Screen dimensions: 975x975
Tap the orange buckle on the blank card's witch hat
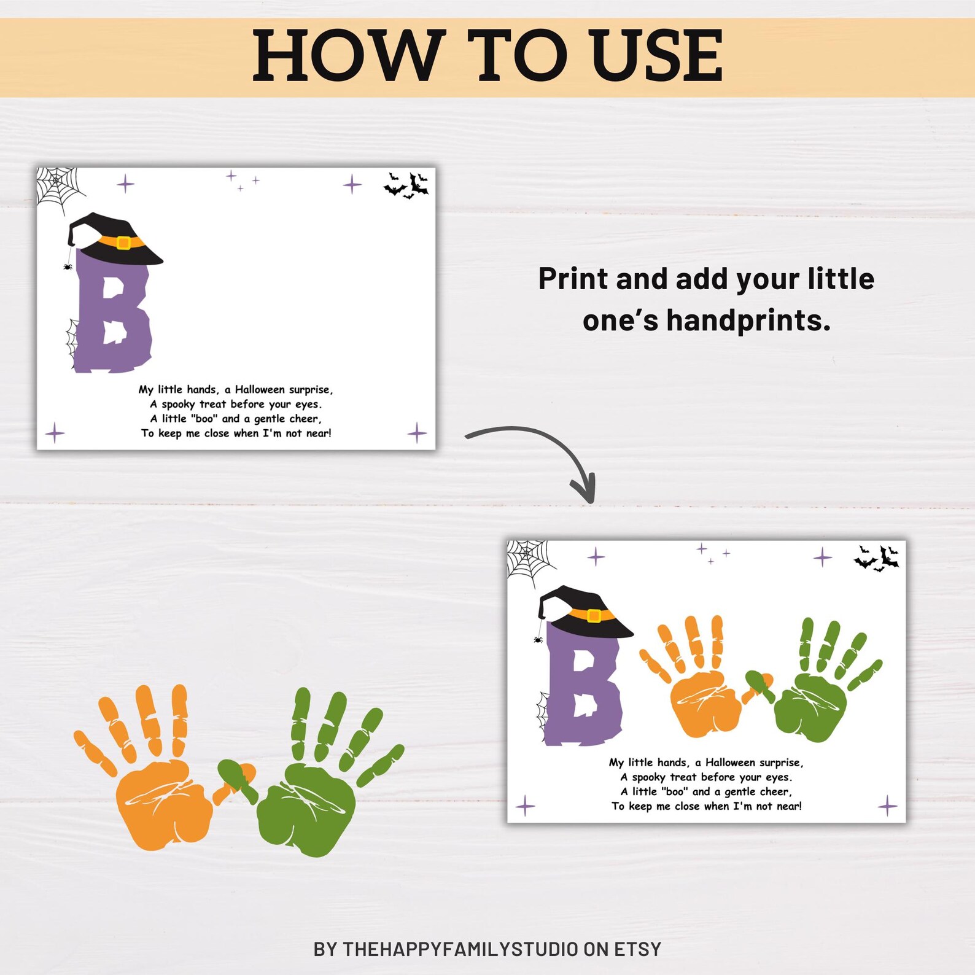tap(123, 243)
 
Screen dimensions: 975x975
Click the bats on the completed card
tap(877, 558)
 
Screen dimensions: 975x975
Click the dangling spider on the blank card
tap(68, 266)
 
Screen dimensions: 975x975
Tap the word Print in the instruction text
tap(573, 279)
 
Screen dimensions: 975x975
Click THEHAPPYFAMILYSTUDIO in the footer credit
tap(460, 949)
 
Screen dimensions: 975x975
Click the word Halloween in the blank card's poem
tap(260, 389)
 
